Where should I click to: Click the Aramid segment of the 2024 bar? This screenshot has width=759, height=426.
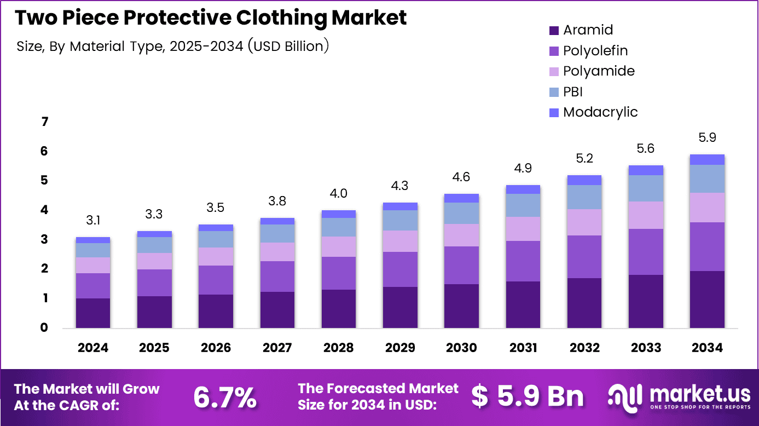[x=93, y=313]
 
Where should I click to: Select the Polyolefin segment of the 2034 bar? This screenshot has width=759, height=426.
[x=707, y=246]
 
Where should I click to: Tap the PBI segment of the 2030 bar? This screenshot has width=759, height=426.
[x=461, y=213]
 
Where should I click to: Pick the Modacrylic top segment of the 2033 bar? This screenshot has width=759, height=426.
[x=646, y=170]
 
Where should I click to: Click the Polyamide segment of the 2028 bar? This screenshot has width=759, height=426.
[x=339, y=246]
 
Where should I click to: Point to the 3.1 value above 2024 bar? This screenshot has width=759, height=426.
[x=93, y=221]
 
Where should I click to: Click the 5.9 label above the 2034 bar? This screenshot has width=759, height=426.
[x=707, y=137]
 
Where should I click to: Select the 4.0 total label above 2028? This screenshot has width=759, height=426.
[x=339, y=194]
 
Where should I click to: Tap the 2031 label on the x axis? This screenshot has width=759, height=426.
[x=523, y=348]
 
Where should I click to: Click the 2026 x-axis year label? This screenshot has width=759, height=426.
[x=216, y=348]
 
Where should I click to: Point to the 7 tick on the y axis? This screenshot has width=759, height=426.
[x=44, y=122]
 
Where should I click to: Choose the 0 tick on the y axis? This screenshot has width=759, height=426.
[x=44, y=328]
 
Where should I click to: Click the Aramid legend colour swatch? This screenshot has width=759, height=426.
[x=554, y=31]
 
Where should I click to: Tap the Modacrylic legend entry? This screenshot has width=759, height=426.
[x=600, y=112]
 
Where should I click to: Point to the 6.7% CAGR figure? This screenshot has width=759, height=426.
[x=225, y=398]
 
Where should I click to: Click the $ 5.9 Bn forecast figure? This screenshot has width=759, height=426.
[x=528, y=396]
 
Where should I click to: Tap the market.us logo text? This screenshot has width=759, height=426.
[x=694, y=394]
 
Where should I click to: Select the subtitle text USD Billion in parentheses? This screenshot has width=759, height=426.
[x=288, y=47]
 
